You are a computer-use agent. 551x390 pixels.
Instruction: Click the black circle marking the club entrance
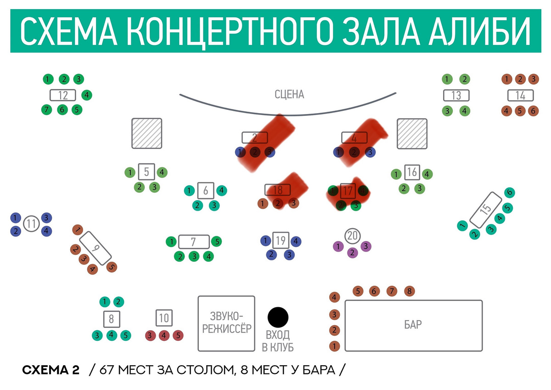point(278,316)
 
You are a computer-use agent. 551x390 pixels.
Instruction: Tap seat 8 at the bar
point(409,291)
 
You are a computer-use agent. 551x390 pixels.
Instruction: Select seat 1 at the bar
point(335,346)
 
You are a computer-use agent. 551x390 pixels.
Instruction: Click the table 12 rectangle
point(63,96)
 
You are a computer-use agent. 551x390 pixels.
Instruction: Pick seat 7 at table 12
point(47,109)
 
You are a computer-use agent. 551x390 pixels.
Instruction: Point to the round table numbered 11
point(31,224)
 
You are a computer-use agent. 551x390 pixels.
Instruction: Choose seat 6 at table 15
point(509,193)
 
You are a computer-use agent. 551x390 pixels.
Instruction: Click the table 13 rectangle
point(456,96)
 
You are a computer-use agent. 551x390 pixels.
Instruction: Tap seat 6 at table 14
point(533,111)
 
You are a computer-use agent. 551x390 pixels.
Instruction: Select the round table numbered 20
point(352,236)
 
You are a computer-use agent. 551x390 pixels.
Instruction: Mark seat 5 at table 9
point(111,266)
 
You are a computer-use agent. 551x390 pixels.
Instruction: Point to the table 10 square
point(164,318)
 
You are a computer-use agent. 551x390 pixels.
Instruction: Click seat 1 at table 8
point(104,302)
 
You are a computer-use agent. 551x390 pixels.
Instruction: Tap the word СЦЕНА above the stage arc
point(289,95)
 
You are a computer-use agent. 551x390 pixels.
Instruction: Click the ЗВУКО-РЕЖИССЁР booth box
point(226,323)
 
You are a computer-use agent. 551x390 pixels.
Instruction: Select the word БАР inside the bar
point(413,325)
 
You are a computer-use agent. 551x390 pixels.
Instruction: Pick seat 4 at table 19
point(296,241)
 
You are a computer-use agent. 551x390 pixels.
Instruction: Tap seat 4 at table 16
point(427,174)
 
